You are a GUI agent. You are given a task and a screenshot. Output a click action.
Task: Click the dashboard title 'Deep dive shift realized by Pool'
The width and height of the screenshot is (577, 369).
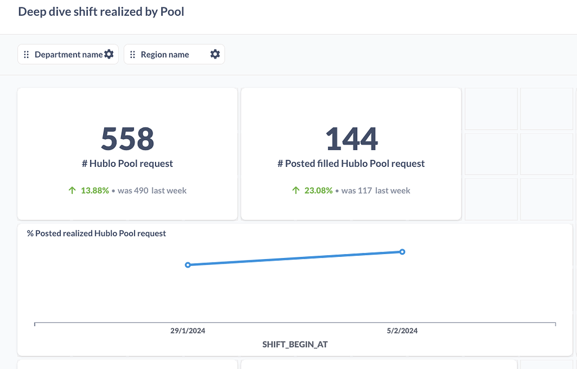[x=101, y=11]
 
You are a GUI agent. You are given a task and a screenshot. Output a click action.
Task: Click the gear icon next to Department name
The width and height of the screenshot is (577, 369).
[x=109, y=54]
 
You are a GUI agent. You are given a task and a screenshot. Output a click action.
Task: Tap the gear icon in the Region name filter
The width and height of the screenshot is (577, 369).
[x=215, y=54]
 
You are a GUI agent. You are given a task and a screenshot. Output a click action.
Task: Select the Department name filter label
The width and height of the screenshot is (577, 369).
[x=68, y=55]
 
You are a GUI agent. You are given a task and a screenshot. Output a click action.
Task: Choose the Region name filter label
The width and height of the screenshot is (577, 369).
[x=165, y=55]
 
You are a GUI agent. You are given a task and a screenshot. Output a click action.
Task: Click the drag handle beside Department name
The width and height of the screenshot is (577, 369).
[x=26, y=55]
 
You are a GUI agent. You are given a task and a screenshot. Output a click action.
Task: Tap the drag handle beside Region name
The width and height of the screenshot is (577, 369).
[x=132, y=55]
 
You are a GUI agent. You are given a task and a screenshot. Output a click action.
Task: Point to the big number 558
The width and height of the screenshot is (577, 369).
[x=127, y=138]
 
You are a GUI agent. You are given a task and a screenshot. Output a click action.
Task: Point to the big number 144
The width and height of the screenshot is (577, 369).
[x=351, y=138]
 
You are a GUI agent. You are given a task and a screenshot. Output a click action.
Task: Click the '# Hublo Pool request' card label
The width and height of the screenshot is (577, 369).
[x=127, y=164]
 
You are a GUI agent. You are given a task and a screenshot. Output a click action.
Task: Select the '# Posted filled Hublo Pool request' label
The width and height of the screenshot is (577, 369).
[x=351, y=164]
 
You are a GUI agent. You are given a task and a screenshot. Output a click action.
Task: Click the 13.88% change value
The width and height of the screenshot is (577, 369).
[x=95, y=190]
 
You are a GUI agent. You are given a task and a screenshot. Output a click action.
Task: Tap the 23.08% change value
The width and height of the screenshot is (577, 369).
[x=318, y=190]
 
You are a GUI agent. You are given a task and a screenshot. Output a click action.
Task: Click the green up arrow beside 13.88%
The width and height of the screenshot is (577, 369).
[x=72, y=190]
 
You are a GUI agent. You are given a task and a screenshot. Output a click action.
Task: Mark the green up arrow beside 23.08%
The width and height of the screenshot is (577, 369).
[x=296, y=190]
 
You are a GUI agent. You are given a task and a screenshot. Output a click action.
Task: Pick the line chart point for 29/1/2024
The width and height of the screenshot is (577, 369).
[x=188, y=265]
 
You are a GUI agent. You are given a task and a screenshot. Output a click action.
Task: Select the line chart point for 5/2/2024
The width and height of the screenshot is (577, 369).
[x=402, y=252]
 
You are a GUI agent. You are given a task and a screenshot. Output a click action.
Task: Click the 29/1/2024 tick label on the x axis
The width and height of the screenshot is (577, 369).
[x=188, y=331]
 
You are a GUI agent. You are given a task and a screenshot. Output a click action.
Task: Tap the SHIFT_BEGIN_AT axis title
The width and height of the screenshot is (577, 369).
[x=295, y=344]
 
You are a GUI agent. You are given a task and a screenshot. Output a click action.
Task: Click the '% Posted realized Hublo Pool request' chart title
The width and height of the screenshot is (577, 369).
[x=96, y=233]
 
